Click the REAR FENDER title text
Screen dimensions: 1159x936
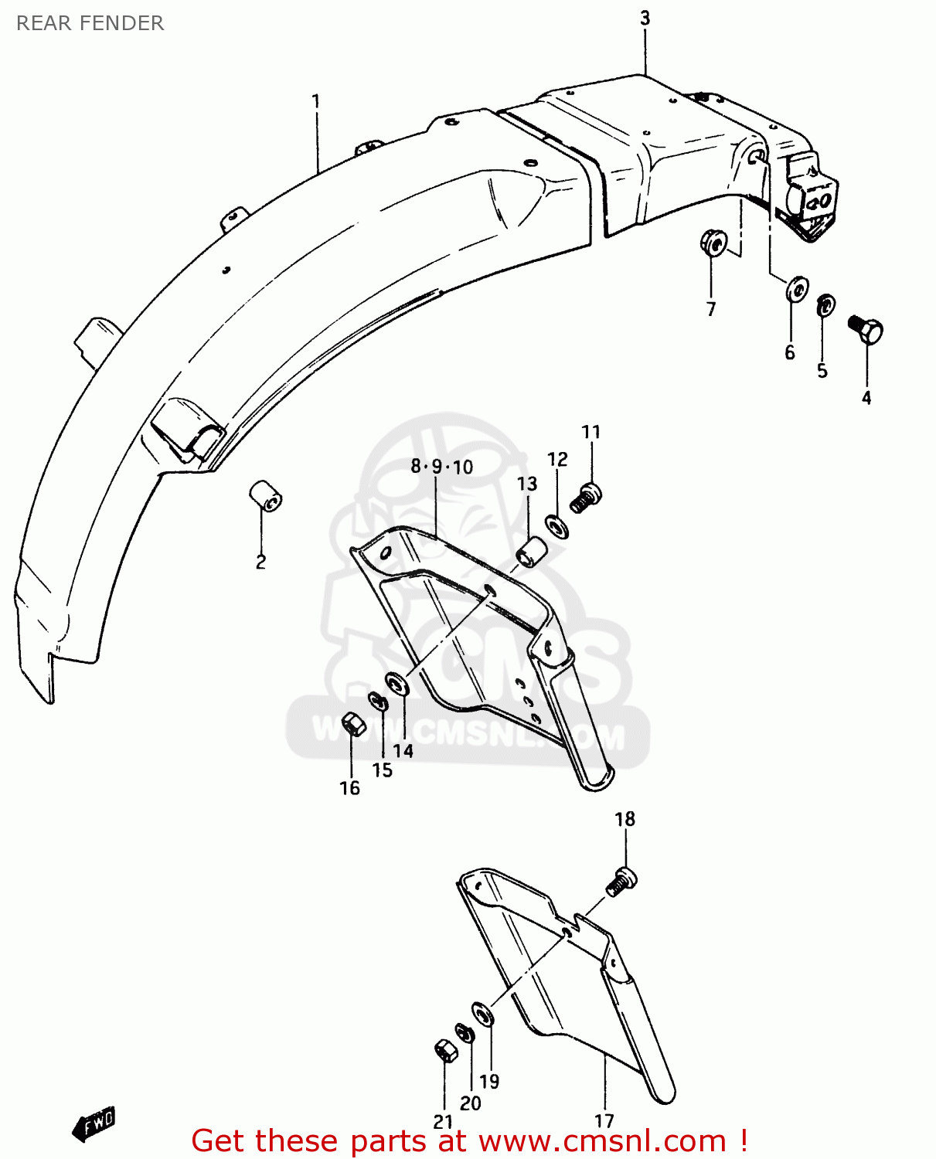(x=90, y=23)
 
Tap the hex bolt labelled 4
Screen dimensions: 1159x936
(x=866, y=331)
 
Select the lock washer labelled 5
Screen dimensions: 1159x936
(x=825, y=305)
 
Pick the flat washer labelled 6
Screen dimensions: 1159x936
(x=796, y=290)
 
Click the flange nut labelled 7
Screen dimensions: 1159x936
(x=713, y=243)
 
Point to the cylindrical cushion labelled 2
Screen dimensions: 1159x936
(x=264, y=495)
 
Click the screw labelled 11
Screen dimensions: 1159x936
(x=587, y=497)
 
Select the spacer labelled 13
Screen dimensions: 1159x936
(x=532, y=552)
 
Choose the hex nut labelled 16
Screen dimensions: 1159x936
(x=352, y=723)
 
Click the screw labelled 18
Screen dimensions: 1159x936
(x=621, y=882)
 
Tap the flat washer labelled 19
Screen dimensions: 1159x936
(x=483, y=1015)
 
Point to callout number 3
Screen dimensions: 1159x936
(x=645, y=19)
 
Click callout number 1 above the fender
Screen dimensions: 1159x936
(x=315, y=101)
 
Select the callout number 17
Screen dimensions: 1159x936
(x=604, y=1120)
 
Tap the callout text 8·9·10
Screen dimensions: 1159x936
(x=441, y=467)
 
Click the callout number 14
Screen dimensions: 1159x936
(x=403, y=750)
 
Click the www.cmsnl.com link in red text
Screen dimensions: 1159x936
(x=602, y=1141)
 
